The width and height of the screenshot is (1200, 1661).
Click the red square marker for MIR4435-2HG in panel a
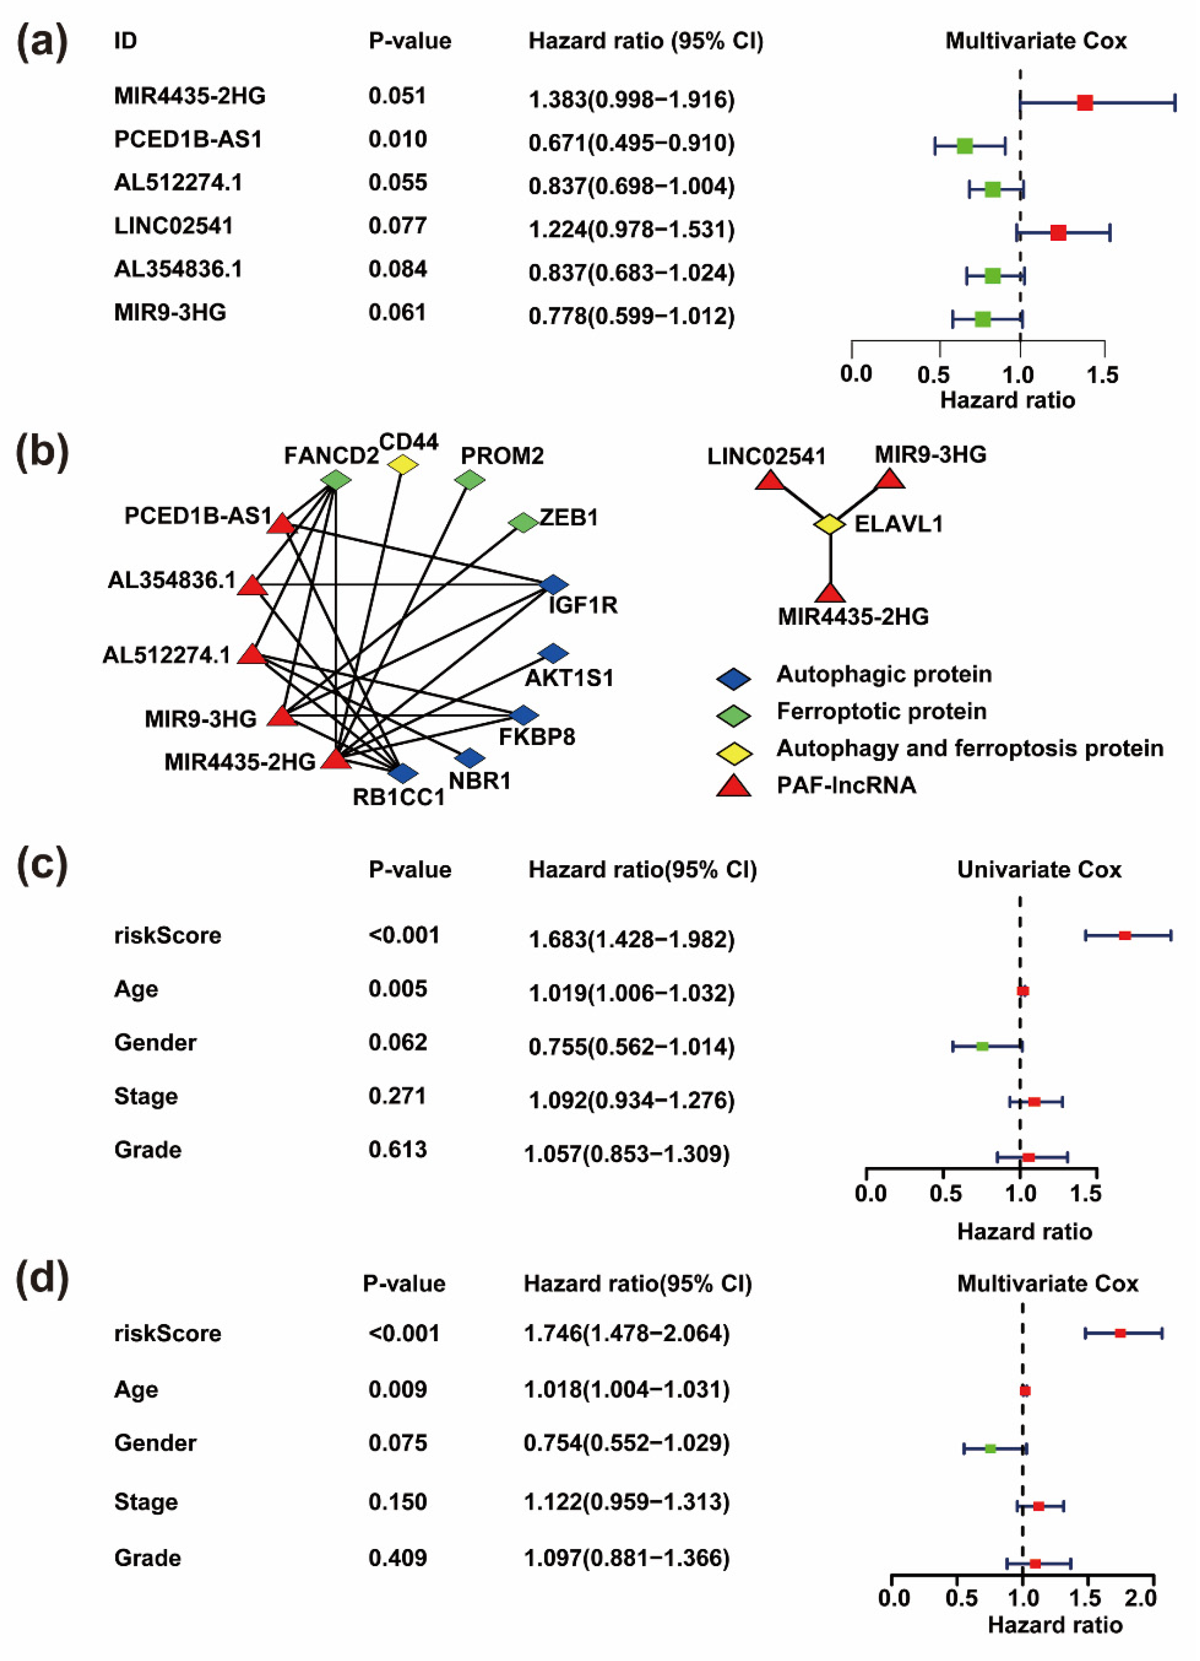[x=1084, y=103]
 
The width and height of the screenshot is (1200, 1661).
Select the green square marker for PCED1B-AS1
[x=964, y=146]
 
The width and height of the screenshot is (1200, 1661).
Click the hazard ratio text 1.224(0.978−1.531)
[x=631, y=229]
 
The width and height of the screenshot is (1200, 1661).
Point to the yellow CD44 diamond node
[x=402, y=464]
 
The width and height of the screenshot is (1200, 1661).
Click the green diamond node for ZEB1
[x=523, y=522]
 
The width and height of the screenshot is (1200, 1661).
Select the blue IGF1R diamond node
[x=554, y=584]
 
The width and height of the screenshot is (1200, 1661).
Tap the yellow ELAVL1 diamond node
[x=829, y=525]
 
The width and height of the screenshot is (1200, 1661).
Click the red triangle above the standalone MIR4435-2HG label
[x=829, y=593]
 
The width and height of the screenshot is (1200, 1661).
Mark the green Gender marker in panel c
[x=982, y=1046]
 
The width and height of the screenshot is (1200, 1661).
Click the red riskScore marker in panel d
[x=1119, y=1333]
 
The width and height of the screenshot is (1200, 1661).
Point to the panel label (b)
[x=42, y=452]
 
